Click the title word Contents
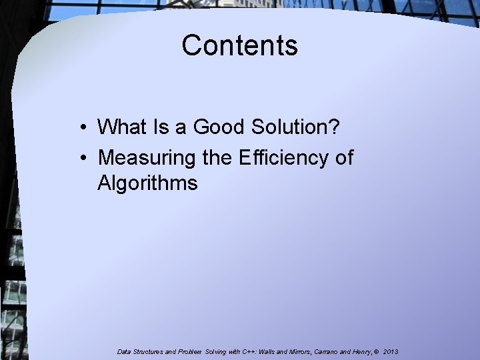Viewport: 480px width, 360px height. point(239,45)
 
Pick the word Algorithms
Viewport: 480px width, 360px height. point(147,182)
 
